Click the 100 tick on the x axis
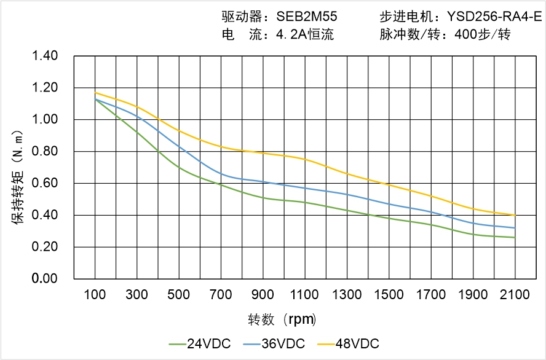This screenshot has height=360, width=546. [x=95, y=295]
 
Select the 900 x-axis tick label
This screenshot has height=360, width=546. [x=263, y=295]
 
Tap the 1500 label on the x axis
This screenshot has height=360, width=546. [x=389, y=295]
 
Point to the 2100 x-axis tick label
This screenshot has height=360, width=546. [x=515, y=295]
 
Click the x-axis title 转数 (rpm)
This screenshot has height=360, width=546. [x=282, y=319]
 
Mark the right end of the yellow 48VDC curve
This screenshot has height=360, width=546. [x=515, y=215]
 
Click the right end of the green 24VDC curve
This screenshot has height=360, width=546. [x=515, y=237]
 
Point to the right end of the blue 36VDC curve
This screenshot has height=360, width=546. [x=515, y=228]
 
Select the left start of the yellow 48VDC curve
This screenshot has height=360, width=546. [x=95, y=93]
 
